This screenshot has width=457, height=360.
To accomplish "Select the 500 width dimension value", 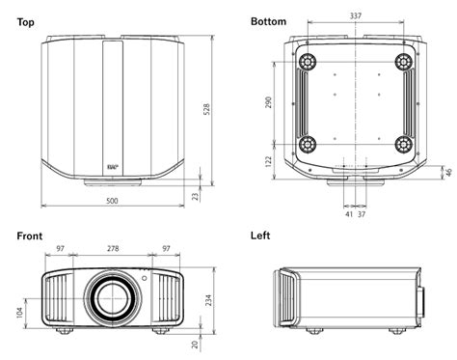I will click(113, 201).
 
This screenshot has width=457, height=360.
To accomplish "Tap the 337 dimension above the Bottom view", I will click(355, 16).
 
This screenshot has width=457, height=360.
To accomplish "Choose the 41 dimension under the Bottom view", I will click(348, 213).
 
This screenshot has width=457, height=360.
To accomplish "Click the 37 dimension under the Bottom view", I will click(363, 213).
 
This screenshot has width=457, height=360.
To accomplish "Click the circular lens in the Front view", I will click(113, 296).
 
